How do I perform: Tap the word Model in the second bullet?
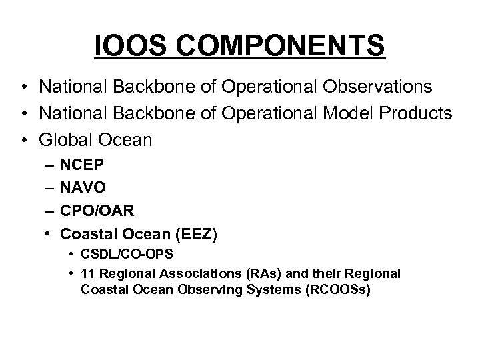357,114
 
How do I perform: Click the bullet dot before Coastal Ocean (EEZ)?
46,235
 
